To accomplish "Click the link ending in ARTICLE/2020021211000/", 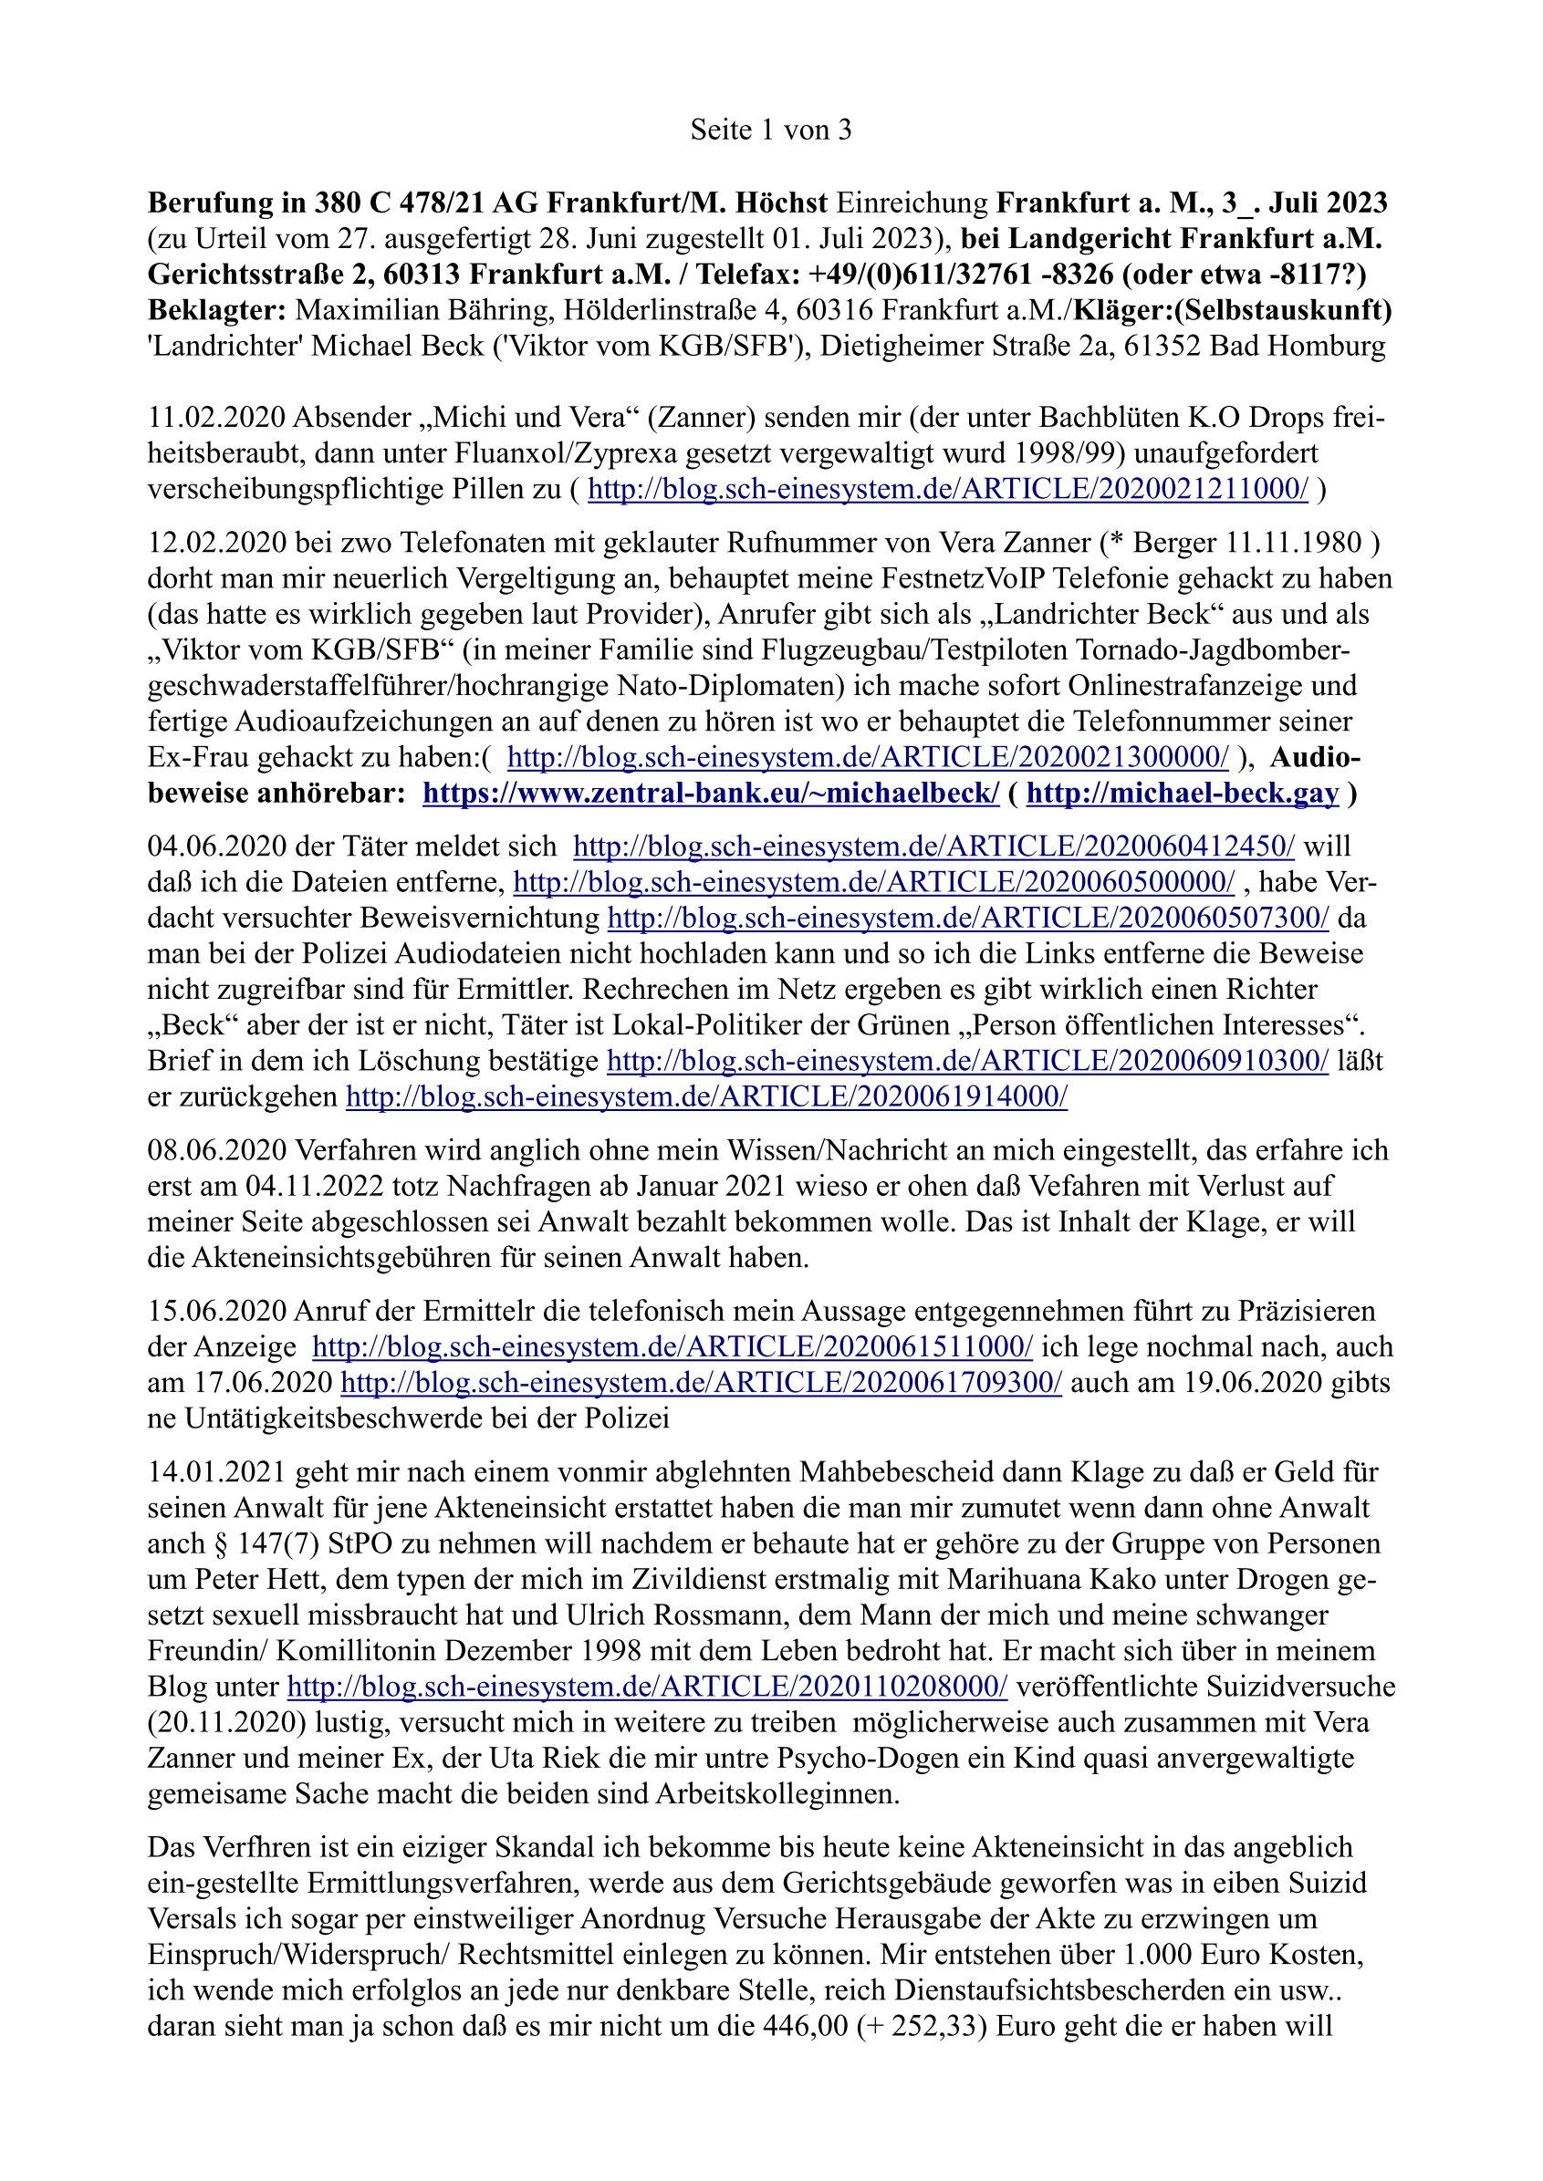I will coord(947,489).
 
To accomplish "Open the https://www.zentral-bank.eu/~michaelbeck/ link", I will coord(711,794).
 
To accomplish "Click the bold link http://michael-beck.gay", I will coord(1183,794).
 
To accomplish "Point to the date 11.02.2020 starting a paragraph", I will coord(216,418).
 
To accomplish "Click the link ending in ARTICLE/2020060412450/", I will coord(933,846).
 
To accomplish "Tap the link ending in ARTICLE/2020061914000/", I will coord(706,1097).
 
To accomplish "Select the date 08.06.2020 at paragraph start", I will coord(216,1150).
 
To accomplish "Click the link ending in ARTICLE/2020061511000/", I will coord(672,1347).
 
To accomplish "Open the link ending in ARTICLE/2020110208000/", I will coord(647,1687).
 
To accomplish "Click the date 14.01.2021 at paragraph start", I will coord(216,1472).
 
